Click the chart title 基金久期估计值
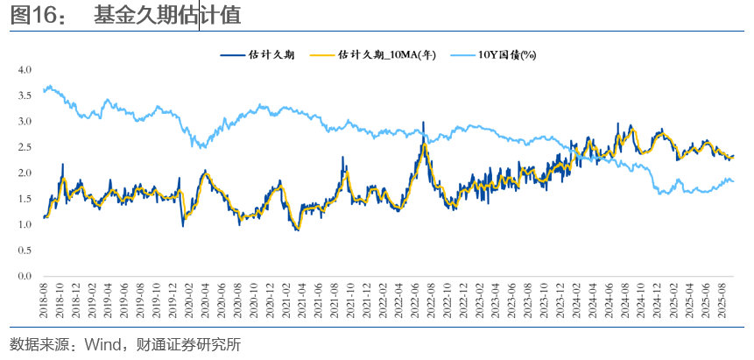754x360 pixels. pyautogui.click(x=167, y=15)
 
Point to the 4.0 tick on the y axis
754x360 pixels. pyautogui.click(x=25, y=69)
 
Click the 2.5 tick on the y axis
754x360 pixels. pyautogui.click(x=25, y=147)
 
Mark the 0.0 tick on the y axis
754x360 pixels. pyautogui.click(x=25, y=277)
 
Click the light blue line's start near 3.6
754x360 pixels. pyautogui.click(x=44, y=91)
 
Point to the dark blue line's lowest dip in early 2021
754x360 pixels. pyautogui.click(x=298, y=229)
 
